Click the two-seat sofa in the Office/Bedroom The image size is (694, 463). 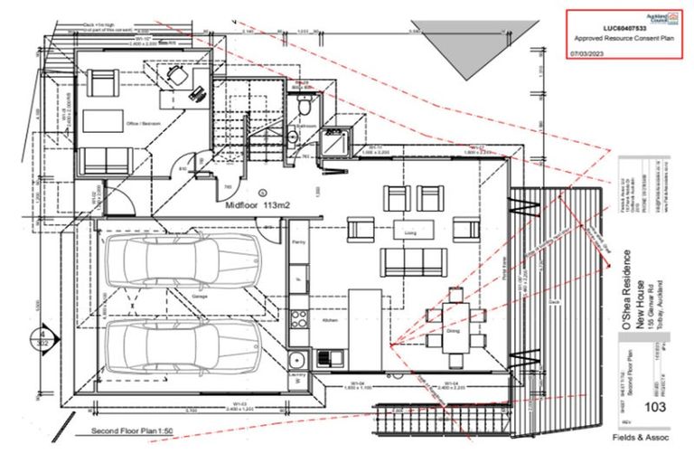point(106,162)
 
